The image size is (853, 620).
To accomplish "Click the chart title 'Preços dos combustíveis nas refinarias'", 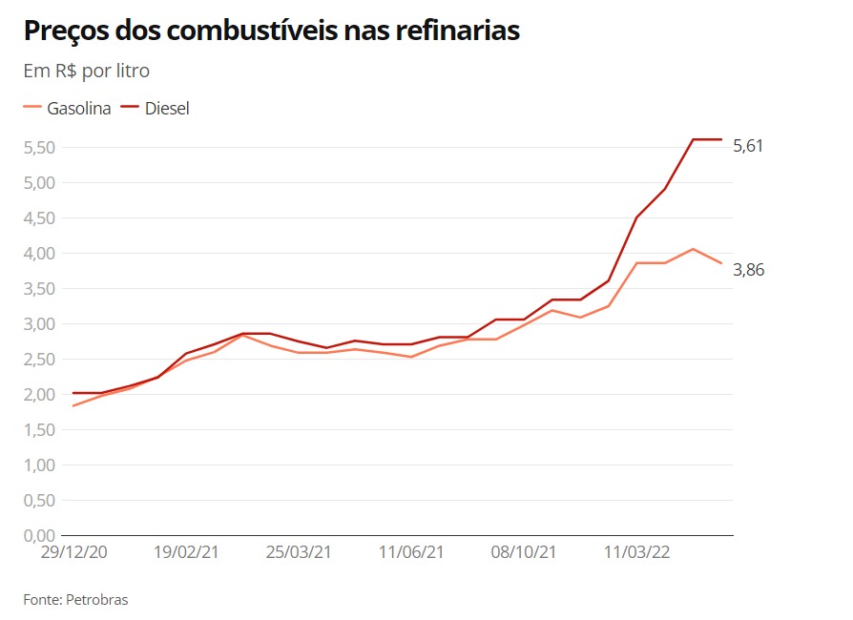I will pos(271,31).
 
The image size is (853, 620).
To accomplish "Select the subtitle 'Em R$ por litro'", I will pos(86,71).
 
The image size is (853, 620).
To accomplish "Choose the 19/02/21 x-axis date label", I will pos(186,552).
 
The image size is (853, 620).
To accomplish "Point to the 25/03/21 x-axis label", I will pos(299,552).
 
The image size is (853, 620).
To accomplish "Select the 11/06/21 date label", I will pos(411,552).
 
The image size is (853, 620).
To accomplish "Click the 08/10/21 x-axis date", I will pos(524,552).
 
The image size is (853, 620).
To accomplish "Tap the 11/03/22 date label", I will pos(636,552).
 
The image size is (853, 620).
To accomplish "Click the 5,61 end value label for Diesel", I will pos(748,146).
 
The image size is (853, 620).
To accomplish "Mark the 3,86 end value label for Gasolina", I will pos(748,270).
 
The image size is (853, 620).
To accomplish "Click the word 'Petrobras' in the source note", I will pos(97,600).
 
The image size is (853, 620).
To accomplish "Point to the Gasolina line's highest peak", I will pos(693,249).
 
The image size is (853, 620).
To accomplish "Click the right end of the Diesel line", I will pos(721,139).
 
